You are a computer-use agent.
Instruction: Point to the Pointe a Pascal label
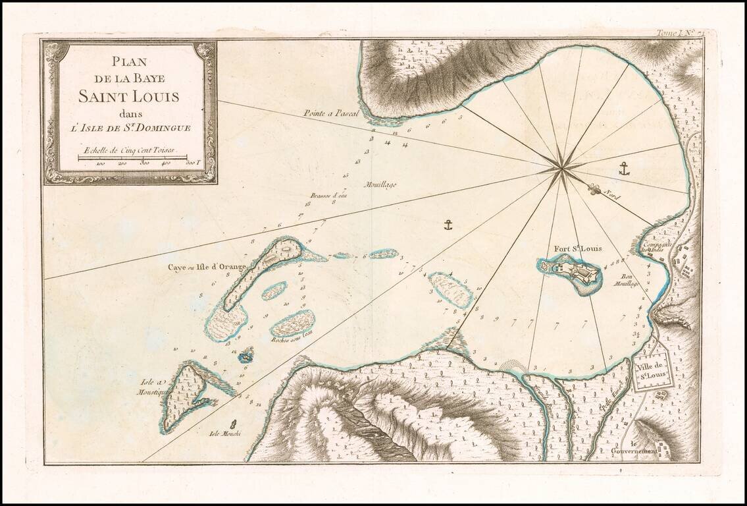(331, 113)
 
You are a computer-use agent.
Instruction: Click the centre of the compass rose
(562, 169)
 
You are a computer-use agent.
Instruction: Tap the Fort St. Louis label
(578, 250)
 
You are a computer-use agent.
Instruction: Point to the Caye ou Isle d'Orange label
(206, 267)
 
